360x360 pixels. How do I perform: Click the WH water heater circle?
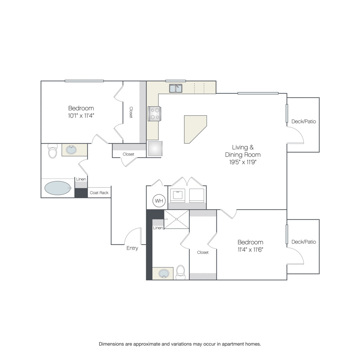159,201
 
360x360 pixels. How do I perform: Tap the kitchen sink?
176,88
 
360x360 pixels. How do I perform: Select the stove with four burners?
154,114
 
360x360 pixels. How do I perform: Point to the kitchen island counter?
194,128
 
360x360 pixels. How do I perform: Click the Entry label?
132,248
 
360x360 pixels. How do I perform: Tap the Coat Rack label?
99,193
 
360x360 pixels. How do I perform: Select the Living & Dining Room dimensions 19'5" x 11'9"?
243,162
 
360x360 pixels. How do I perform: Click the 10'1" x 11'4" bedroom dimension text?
81,116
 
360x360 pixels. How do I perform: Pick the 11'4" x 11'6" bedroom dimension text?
250,250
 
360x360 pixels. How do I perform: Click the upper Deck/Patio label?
304,122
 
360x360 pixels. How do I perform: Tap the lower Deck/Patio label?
304,242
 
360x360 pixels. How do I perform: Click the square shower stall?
176,219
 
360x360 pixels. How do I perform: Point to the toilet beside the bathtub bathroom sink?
52,151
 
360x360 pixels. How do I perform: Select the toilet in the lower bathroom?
181,272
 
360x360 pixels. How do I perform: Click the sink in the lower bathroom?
164,274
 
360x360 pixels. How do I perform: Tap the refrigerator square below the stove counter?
155,148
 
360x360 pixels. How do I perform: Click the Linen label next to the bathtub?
81,179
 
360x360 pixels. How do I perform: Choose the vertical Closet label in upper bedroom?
131,112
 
